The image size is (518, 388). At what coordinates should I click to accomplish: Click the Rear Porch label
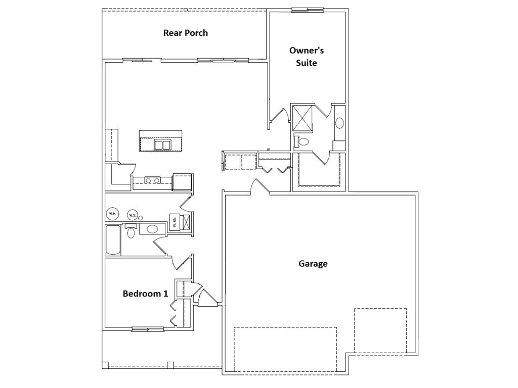(185, 33)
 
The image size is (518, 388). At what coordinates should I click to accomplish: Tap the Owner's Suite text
(307, 57)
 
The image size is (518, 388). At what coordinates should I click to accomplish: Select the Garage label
(313, 263)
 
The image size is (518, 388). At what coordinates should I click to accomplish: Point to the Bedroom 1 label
(145, 294)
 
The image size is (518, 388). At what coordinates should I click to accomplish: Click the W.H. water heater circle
(112, 214)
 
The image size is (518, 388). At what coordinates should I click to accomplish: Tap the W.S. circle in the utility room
(133, 215)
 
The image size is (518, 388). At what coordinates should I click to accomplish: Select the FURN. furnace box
(175, 222)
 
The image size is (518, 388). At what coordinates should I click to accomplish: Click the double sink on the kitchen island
(162, 145)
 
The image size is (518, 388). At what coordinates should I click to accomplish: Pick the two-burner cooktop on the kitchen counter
(152, 180)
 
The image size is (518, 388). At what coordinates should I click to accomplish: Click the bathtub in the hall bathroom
(113, 239)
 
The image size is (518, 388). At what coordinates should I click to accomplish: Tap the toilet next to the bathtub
(131, 232)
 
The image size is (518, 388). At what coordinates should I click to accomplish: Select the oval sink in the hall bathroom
(152, 229)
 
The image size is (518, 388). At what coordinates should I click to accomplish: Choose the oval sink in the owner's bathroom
(339, 123)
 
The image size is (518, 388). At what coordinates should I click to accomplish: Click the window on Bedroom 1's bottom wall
(148, 329)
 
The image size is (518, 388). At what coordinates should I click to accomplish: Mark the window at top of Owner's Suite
(307, 9)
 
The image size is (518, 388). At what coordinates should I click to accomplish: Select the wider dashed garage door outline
(285, 349)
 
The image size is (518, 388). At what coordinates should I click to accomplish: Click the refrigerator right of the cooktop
(182, 181)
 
